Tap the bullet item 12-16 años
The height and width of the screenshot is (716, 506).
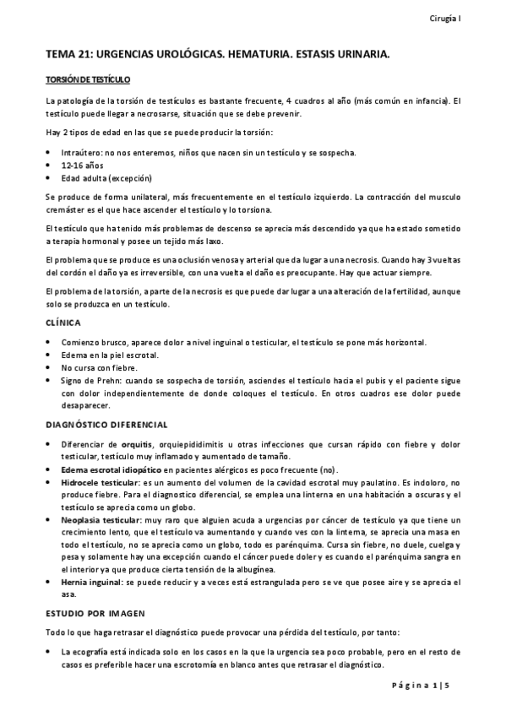[x=79, y=165]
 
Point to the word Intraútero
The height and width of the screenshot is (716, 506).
[x=81, y=153]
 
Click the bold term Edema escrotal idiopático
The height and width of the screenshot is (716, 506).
[x=112, y=469]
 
